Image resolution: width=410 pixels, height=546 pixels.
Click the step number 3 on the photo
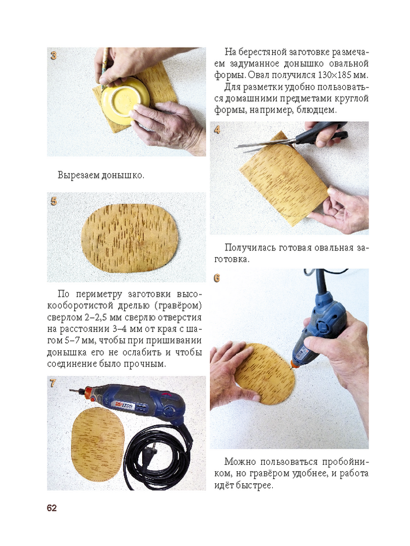click(x=54, y=55)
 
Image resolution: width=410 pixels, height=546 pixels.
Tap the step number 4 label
click(x=217, y=130)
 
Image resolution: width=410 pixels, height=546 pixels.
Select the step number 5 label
click(x=54, y=201)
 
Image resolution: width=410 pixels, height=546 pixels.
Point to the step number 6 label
click(x=217, y=278)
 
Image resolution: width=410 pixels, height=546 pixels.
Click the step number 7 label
click(x=52, y=383)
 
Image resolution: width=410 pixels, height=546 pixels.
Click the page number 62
click(x=51, y=508)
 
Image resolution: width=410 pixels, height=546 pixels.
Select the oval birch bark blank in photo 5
click(x=130, y=238)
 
